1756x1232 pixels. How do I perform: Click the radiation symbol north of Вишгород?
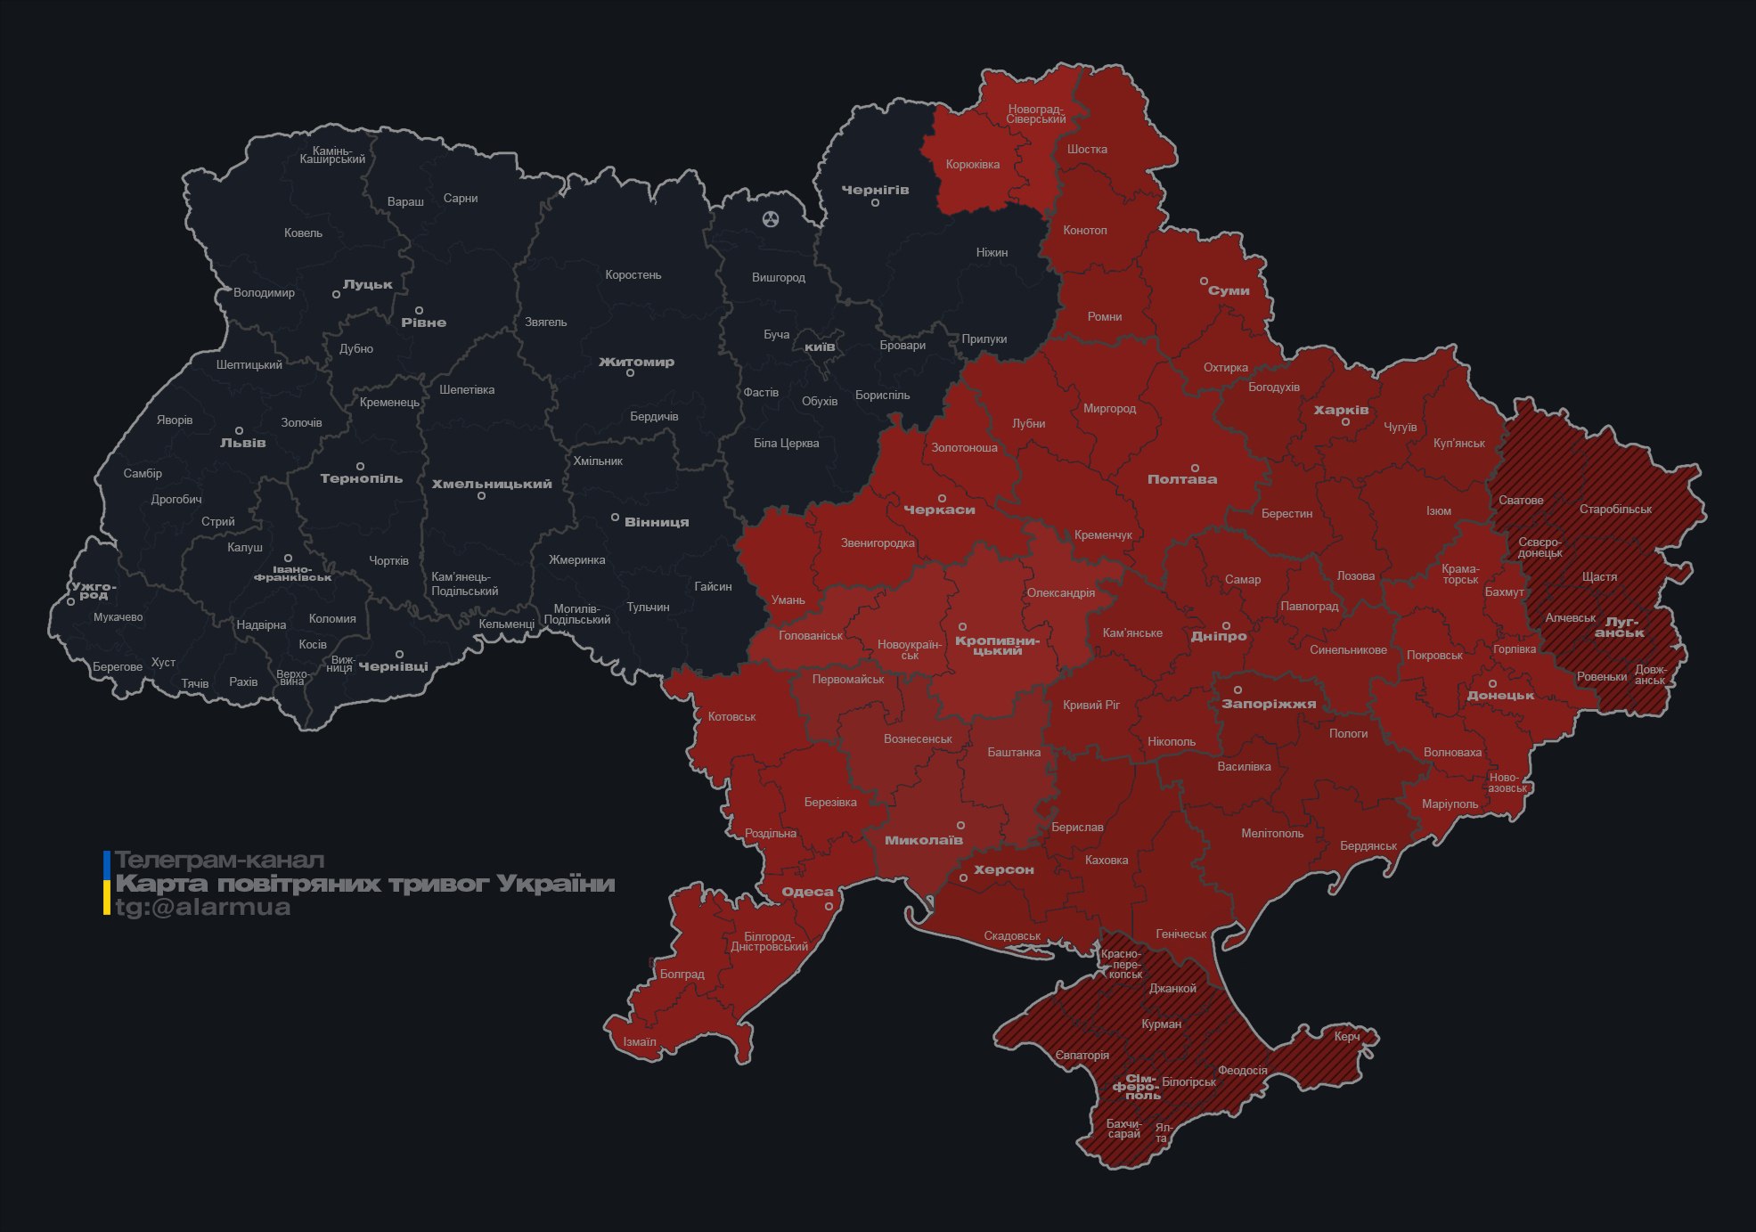771,218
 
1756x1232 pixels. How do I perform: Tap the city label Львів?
242,443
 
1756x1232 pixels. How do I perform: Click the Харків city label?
1341,410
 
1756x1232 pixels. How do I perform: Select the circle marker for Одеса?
829,906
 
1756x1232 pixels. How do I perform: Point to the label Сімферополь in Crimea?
1137,1087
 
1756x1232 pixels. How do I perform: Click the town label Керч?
1346,1036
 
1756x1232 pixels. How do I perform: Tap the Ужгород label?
94,590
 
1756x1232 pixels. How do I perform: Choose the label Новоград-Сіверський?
1036,114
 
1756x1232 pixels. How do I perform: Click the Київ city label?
820,347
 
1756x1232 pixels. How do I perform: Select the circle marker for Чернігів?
875,203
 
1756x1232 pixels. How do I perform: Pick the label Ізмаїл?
639,1041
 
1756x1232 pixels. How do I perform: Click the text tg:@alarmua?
203,907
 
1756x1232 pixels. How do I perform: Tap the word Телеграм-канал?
219,861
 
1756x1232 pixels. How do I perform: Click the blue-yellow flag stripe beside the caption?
107,883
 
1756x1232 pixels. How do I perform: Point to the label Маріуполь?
1450,804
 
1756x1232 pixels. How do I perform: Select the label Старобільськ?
1614,510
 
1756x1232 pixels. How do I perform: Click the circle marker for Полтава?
1195,468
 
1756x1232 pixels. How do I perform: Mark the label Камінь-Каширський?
332,155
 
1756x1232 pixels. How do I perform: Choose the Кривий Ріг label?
1090,705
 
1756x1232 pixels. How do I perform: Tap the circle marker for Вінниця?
615,518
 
